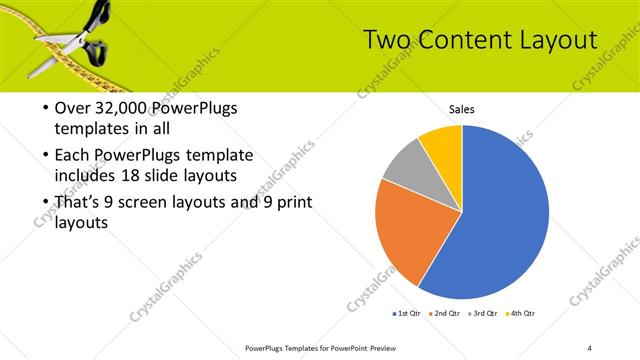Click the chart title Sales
[x=461, y=110]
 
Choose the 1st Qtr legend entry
[x=406, y=313]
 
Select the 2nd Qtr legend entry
[x=445, y=313]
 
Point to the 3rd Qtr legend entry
[x=484, y=313]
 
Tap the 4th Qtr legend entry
[x=523, y=313]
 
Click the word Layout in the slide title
[x=556, y=40]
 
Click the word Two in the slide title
[x=385, y=40]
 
